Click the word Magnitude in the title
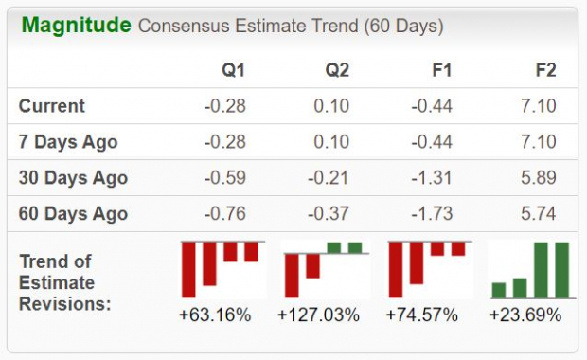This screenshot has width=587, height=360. pos(76,25)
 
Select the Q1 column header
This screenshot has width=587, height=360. pos(234,71)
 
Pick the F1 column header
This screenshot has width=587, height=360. pos(442,71)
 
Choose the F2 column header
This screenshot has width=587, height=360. pos(545,71)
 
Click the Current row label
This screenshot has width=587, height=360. pos(52,106)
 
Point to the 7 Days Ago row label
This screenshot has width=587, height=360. pos(68,142)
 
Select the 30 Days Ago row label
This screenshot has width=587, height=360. pos(73,178)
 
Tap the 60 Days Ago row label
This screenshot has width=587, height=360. pos(73,214)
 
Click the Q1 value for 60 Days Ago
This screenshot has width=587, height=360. pos(224,214)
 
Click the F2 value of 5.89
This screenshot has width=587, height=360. pos(540,178)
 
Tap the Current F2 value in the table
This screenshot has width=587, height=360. pos(540,106)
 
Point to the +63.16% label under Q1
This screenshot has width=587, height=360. pos(216,315)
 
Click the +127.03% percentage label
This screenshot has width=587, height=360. pos(319,315)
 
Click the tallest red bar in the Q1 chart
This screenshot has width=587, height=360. pos(189,270)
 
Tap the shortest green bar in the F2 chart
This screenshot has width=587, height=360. pos(499,290)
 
